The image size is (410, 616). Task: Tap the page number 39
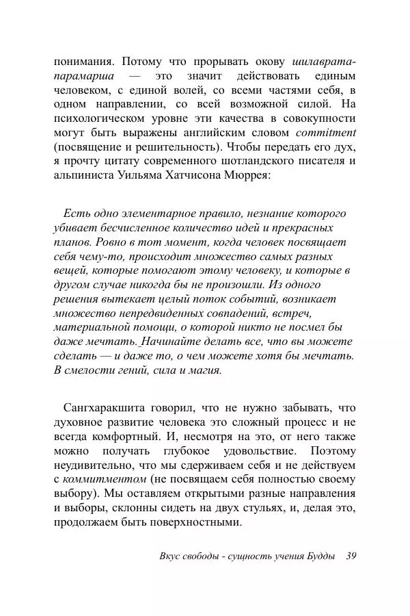tap(352, 555)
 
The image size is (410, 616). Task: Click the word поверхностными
tap(200, 524)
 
